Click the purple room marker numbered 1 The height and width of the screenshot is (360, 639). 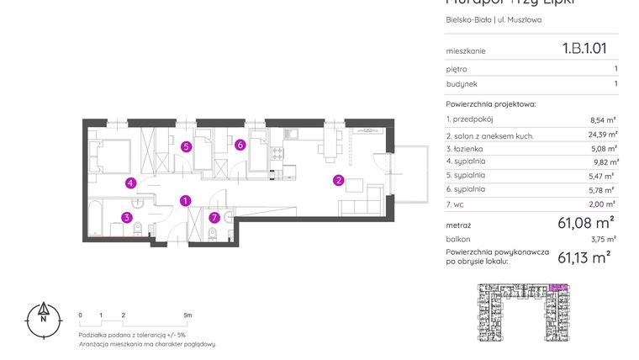point(186,200)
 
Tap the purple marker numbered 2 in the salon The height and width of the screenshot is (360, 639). point(338,180)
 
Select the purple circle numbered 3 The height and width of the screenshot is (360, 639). point(127,217)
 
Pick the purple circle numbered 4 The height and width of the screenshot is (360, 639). point(130,183)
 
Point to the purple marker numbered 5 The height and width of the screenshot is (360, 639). point(186,146)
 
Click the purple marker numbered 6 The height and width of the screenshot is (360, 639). point(240,145)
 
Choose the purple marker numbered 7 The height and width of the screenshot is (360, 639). point(214,218)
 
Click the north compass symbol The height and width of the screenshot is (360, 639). point(41,317)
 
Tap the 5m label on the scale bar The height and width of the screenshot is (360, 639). point(187,315)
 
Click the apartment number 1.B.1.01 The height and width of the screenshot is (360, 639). point(584,49)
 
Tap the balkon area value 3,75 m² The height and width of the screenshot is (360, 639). point(604,239)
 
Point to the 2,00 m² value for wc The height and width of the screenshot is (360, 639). point(604,204)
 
